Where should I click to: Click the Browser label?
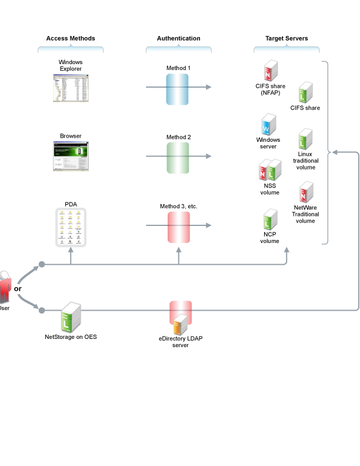point(71,137)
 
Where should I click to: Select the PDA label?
point(71,205)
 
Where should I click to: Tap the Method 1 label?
point(178,68)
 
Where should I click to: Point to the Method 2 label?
point(178,137)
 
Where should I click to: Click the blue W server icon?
point(269,125)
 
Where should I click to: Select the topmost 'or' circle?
point(18,289)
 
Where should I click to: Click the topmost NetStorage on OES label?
point(71,337)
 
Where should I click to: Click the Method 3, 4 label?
point(178,207)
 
